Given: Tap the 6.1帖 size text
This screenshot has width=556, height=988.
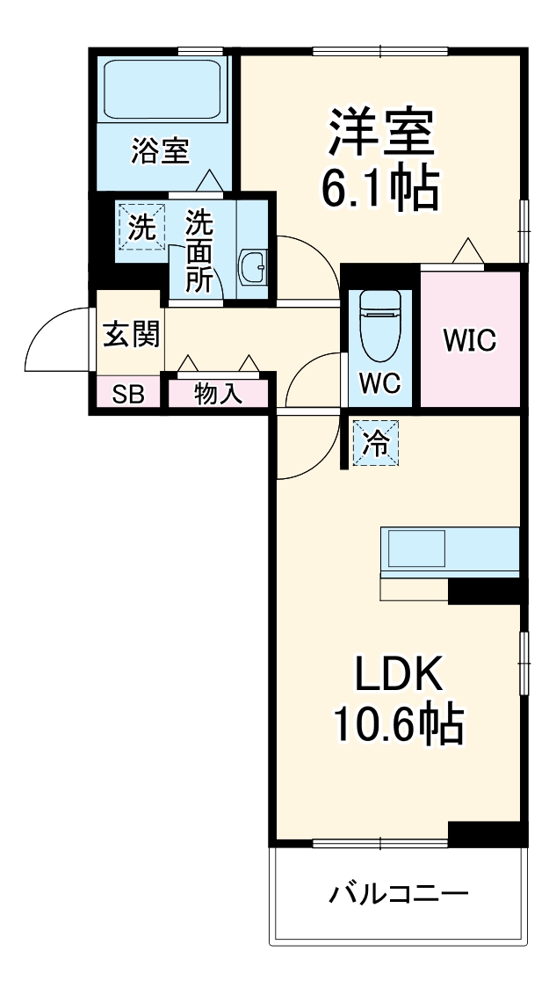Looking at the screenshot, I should (x=380, y=186).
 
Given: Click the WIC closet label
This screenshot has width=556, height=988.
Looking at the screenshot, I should (x=469, y=339).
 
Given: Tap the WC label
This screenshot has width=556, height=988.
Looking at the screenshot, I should (x=379, y=383).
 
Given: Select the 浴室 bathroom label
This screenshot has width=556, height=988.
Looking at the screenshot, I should (x=160, y=150).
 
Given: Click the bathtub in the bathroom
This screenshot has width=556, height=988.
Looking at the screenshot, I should (x=161, y=89).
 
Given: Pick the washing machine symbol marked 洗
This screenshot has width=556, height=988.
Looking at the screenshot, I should (x=141, y=228).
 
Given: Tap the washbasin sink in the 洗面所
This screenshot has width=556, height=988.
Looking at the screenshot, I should (x=254, y=265).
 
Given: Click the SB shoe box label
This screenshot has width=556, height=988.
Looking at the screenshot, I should (x=127, y=394).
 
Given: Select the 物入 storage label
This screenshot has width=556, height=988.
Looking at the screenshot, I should (x=218, y=394).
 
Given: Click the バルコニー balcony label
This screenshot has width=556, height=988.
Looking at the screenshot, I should (x=399, y=894).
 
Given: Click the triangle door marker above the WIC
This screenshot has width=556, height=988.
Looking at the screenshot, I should (x=467, y=251).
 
